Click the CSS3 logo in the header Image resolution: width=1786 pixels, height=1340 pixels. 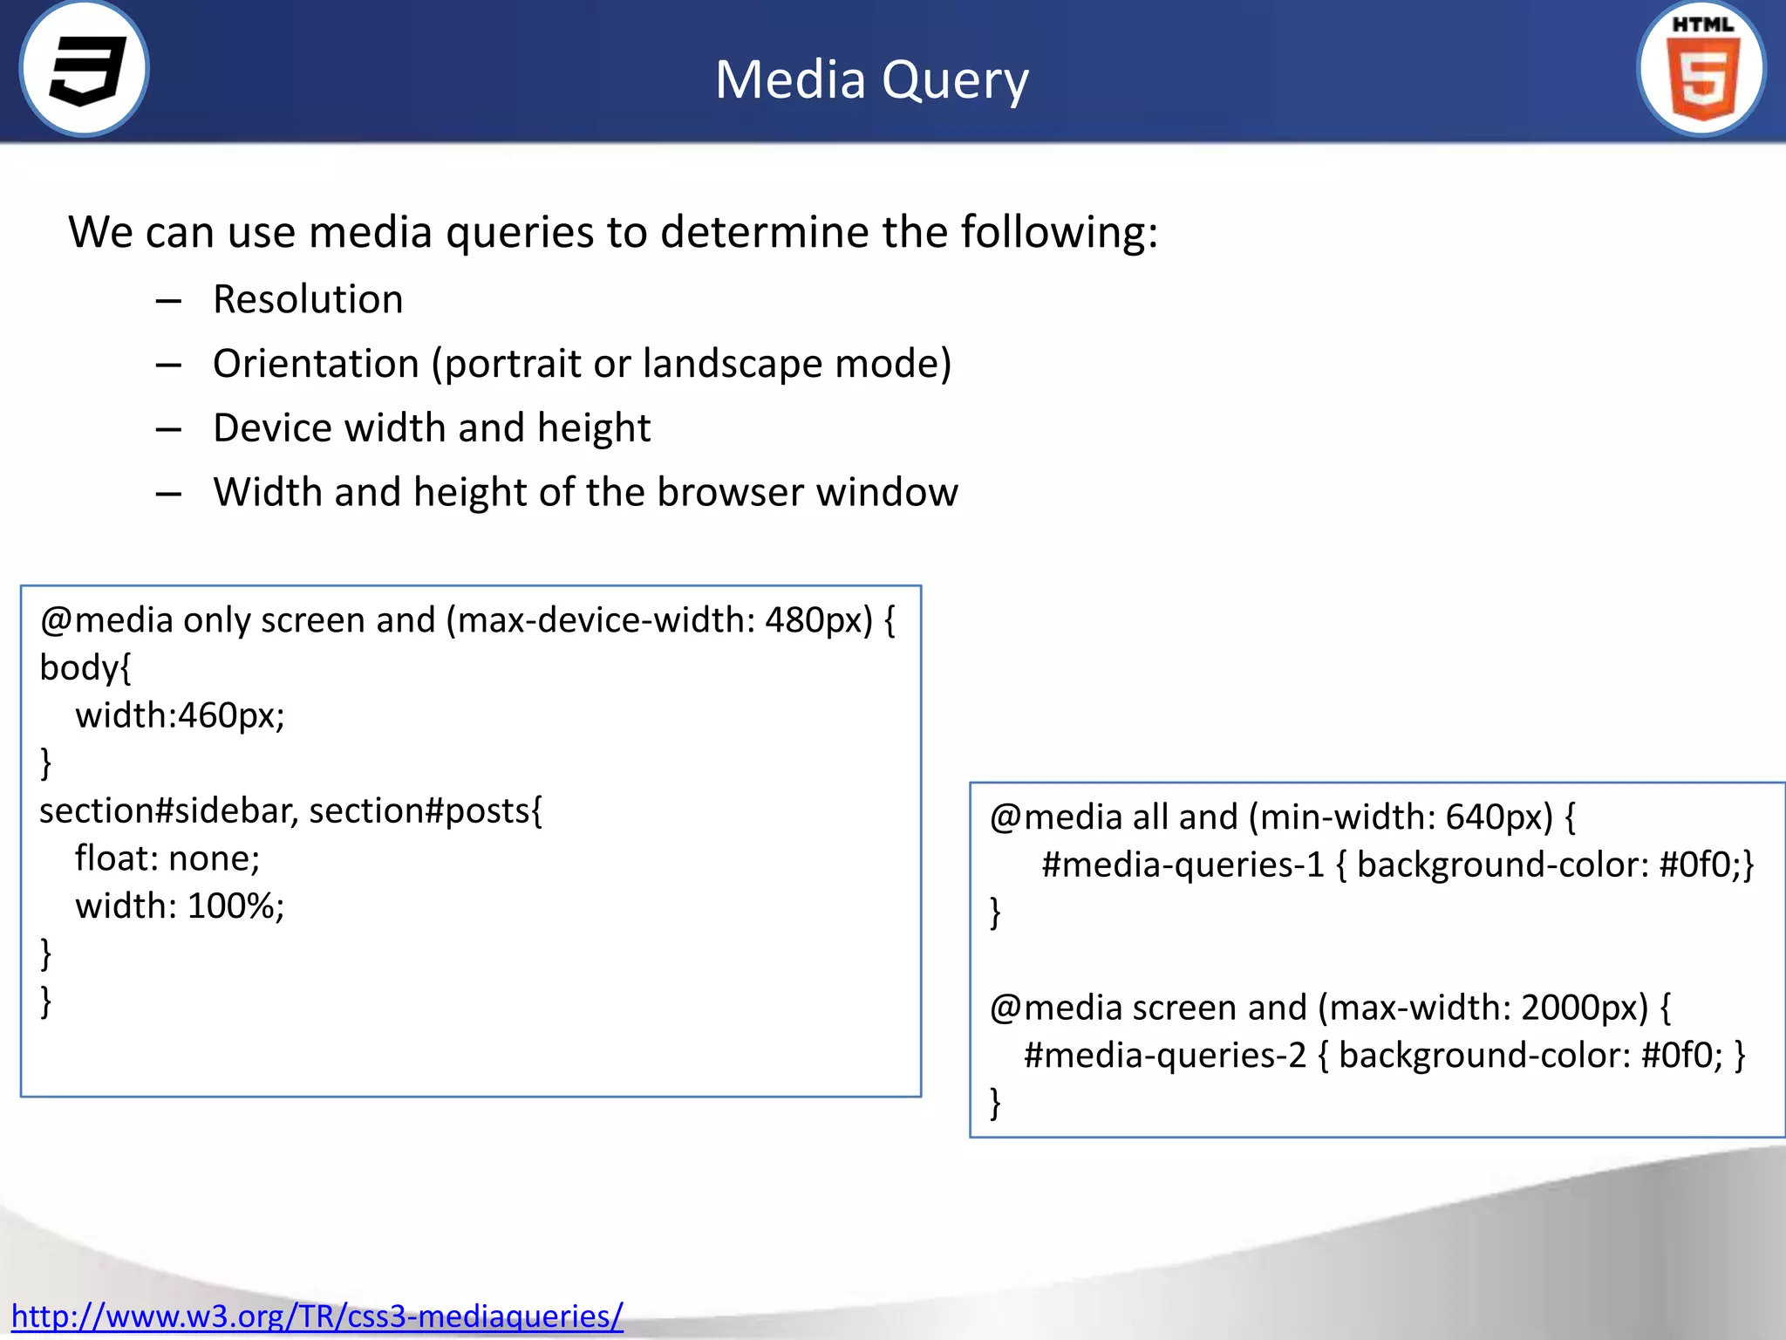[85, 70]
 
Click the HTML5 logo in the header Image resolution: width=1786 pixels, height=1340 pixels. [1701, 70]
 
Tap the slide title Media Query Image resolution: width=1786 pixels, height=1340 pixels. [871, 80]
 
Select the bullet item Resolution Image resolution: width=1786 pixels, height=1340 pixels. [308, 299]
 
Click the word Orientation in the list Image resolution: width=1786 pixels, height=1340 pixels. [316, 364]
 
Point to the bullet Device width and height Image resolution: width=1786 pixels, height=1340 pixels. [432, 428]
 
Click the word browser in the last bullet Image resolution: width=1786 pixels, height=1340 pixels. [730, 493]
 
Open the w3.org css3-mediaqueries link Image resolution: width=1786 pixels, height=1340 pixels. [317, 1316]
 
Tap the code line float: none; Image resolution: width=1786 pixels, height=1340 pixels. [167, 858]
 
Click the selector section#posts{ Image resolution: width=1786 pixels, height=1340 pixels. [426, 811]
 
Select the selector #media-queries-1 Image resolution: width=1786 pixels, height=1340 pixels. [1183, 865]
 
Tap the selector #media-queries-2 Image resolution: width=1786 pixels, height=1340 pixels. [1165, 1056]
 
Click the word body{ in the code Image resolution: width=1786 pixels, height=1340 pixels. [85, 668]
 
